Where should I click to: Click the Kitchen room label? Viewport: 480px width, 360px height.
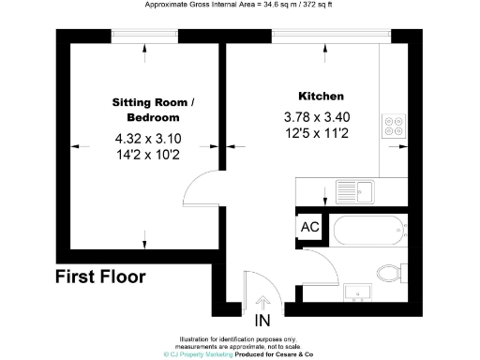(322, 97)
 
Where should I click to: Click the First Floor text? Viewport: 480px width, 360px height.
(100, 277)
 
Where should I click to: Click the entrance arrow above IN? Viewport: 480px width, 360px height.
(263, 304)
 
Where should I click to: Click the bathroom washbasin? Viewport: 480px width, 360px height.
(356, 291)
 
